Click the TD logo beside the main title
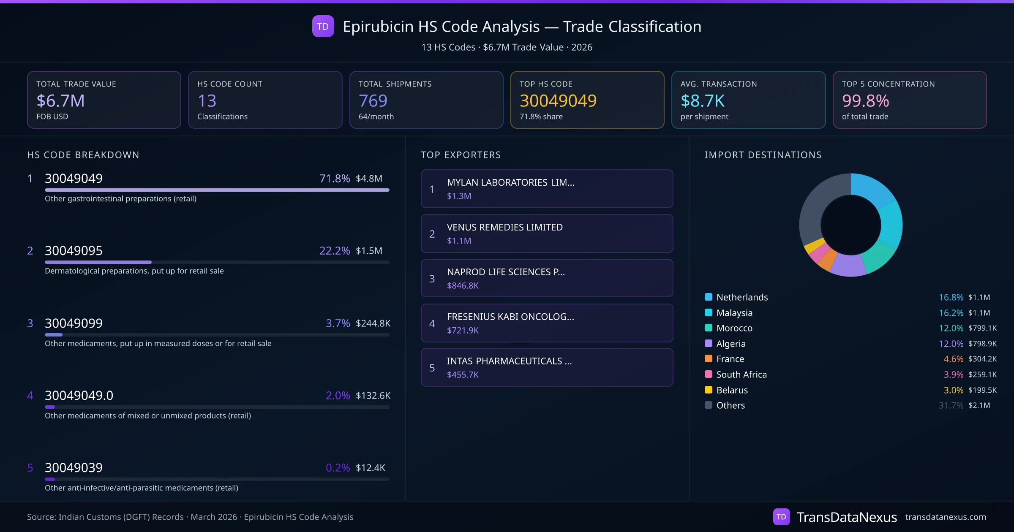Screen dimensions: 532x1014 [x=323, y=26]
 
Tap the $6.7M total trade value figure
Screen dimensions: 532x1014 [x=60, y=101]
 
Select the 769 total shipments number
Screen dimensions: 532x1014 [x=373, y=101]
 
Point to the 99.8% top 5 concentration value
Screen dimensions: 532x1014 [x=865, y=101]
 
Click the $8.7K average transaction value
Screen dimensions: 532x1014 [x=702, y=101]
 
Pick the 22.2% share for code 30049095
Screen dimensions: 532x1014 [x=334, y=251]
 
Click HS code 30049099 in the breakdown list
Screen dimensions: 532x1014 [x=74, y=323]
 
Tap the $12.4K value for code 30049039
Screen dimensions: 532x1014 [x=370, y=468]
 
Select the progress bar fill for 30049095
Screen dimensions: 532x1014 [x=98, y=262]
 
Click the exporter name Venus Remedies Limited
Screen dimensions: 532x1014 [x=504, y=227]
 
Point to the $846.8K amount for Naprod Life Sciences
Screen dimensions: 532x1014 [x=463, y=286]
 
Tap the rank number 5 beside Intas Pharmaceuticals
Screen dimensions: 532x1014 [x=432, y=368]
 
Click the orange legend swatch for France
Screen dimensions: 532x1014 [x=709, y=359]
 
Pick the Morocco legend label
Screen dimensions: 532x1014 [x=734, y=328]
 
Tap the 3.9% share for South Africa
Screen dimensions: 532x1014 [x=953, y=375]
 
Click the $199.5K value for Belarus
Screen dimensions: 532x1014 [x=982, y=390]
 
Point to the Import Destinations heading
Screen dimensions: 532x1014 [x=763, y=155]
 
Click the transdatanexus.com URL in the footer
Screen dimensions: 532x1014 [x=945, y=517]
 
